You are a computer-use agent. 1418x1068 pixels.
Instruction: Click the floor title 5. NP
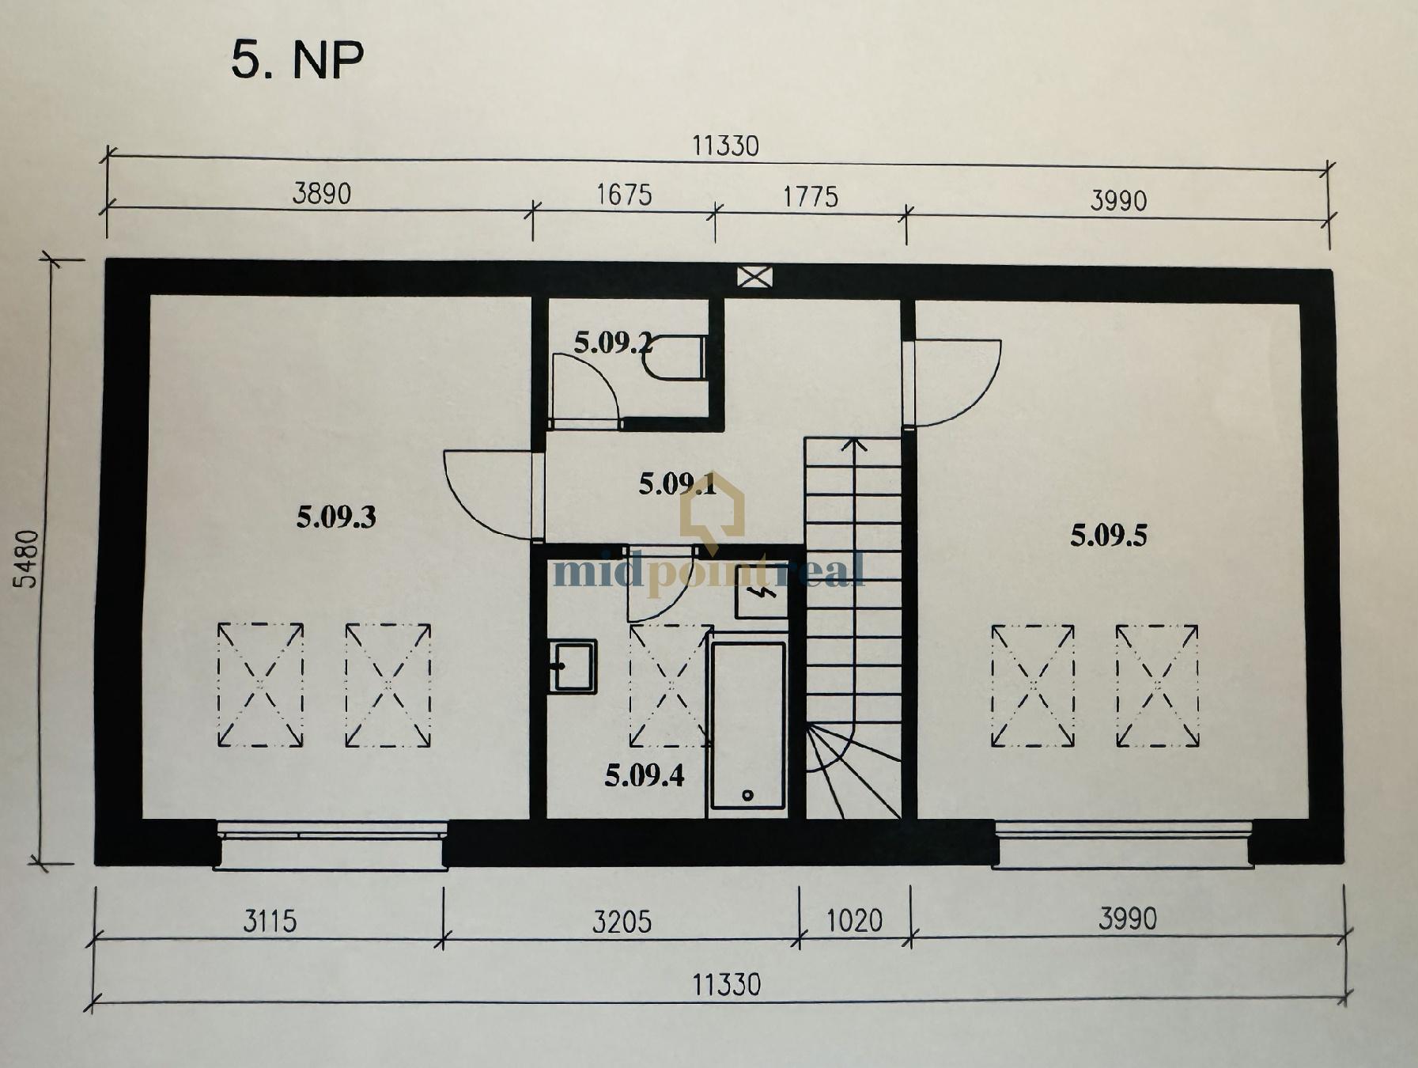point(297,59)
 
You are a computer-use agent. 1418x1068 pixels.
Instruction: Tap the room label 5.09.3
point(336,517)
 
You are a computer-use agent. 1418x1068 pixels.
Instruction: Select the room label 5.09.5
point(1109,536)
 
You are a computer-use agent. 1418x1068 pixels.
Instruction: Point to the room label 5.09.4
point(645,775)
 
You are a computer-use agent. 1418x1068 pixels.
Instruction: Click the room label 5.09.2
point(614,343)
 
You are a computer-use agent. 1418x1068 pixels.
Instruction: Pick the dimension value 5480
point(26,559)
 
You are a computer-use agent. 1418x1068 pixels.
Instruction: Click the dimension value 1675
point(624,195)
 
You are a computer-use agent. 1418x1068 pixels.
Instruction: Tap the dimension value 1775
point(811,197)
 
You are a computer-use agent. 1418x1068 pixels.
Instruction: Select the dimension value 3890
point(321,194)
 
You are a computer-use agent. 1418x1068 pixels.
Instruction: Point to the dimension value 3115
point(270,922)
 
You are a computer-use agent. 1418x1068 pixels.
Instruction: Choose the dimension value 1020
point(854,921)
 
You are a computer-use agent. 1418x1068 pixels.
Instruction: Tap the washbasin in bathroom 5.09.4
point(573,666)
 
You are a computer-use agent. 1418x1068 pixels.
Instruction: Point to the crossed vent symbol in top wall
point(754,277)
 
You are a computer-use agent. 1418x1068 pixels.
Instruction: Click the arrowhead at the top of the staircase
point(853,444)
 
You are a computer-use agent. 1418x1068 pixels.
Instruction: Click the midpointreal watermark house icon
point(713,510)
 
